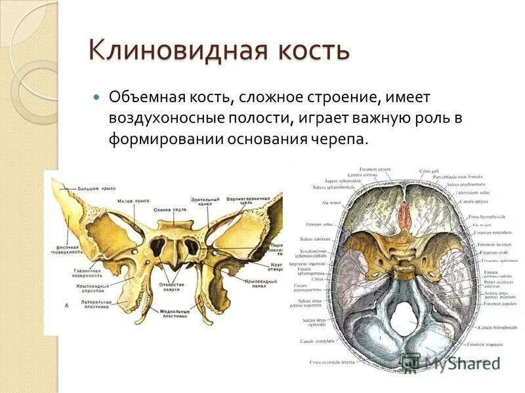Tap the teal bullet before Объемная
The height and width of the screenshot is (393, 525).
coord(96,97)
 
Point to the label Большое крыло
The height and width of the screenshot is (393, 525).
coord(98,189)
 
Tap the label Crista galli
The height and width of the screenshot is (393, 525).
coord(431,171)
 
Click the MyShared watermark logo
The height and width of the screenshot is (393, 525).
coord(453,362)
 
